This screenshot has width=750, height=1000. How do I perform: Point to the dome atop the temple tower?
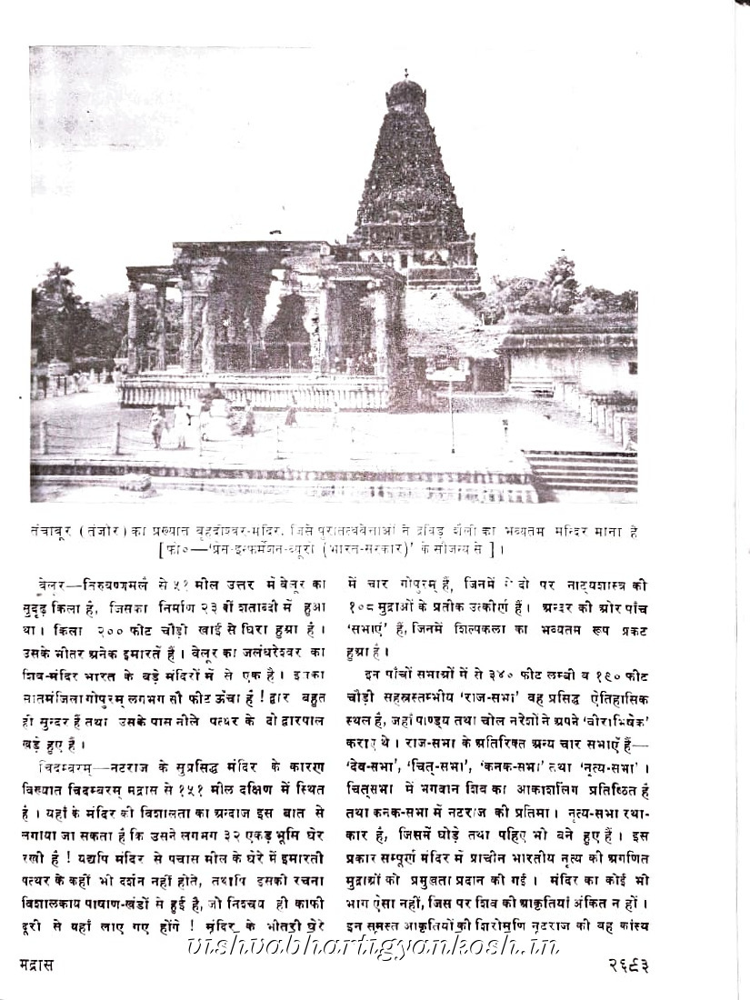(x=405, y=93)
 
